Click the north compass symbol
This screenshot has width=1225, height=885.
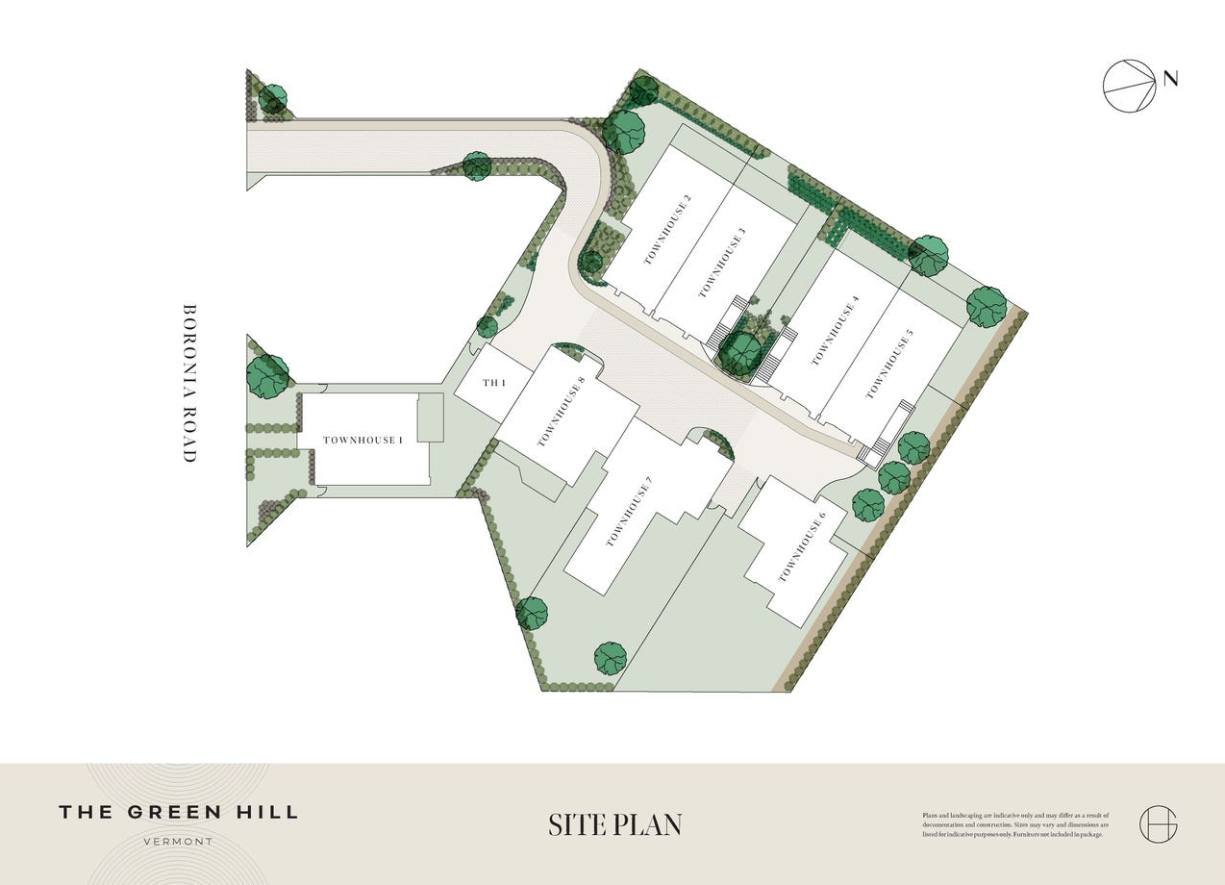pos(1130,86)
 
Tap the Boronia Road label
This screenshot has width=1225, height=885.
pos(189,384)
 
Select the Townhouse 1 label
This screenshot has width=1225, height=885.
pos(362,441)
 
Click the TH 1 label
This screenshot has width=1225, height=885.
pos(493,384)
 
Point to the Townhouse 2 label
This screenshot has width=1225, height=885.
pos(668,230)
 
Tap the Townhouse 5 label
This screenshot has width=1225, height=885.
pos(888,364)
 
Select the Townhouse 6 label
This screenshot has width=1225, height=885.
pos(802,547)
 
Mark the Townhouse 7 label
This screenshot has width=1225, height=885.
pos(630,512)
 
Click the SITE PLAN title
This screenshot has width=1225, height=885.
pos(614,825)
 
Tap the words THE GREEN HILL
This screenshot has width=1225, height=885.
pos(178,812)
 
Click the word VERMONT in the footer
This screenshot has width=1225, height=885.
pos(178,841)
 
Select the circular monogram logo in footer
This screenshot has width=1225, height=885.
pos(1158,824)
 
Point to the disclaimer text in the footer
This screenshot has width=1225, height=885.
pos(1014,824)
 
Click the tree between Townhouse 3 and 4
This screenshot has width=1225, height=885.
pos(740,352)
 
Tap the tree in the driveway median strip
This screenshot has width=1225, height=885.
pos(477,165)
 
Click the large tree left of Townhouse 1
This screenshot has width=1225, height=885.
pos(267,375)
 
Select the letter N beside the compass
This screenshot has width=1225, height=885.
pos(1170,79)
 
